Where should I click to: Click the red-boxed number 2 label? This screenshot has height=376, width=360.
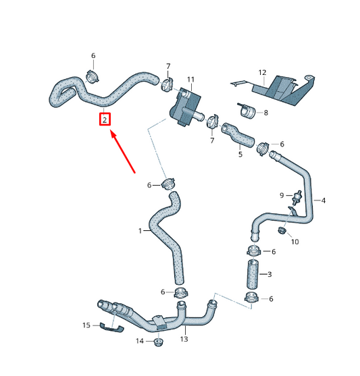click(105, 120)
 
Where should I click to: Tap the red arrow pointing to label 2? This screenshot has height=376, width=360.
click(125, 152)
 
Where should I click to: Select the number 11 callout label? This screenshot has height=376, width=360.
click(190, 80)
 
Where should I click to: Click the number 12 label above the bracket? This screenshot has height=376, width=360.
click(263, 72)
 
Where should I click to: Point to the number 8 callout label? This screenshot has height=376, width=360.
click(265, 113)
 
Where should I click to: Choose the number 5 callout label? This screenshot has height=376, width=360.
click(240, 155)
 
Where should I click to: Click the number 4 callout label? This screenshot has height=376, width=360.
click(324, 200)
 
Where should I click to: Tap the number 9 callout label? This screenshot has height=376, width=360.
click(282, 195)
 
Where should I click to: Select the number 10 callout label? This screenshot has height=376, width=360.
click(294, 241)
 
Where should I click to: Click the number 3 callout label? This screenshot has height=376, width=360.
click(270, 274)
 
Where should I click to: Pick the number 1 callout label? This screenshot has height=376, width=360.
click(141, 231)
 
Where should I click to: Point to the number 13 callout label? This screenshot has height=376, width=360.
click(184, 340)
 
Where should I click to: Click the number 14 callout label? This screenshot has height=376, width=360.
click(140, 342)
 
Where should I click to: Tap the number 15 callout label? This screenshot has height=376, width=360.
click(86, 325)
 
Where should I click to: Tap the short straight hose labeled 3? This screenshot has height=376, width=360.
click(252, 275)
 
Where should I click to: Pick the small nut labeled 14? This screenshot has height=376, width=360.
click(158, 342)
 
